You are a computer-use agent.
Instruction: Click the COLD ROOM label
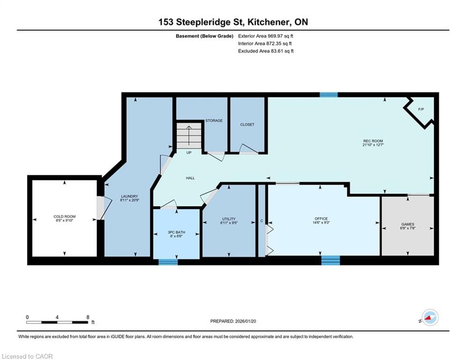[x=65, y=217]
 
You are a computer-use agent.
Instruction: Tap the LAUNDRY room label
[x=130, y=196]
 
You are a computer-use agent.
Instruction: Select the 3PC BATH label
[x=176, y=232]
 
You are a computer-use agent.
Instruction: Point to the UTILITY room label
[x=229, y=219]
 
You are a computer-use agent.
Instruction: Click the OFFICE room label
[x=321, y=219]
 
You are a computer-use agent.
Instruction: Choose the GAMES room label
[x=407, y=225]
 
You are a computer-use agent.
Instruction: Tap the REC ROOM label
[x=373, y=141]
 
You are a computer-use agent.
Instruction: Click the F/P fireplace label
[x=421, y=109]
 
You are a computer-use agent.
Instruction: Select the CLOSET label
[x=247, y=125]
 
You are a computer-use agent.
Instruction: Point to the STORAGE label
[x=214, y=120]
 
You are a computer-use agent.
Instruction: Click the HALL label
[x=191, y=178]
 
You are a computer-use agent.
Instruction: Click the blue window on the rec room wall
[x=329, y=95]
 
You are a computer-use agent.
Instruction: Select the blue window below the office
[x=331, y=260]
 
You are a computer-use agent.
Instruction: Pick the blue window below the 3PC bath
[x=168, y=262]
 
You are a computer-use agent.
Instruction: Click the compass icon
[x=430, y=317]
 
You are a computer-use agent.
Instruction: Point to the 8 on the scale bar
[x=88, y=317]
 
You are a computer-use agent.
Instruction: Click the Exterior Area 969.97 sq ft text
[x=266, y=36]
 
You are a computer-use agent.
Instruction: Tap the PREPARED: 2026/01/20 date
[x=233, y=321]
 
